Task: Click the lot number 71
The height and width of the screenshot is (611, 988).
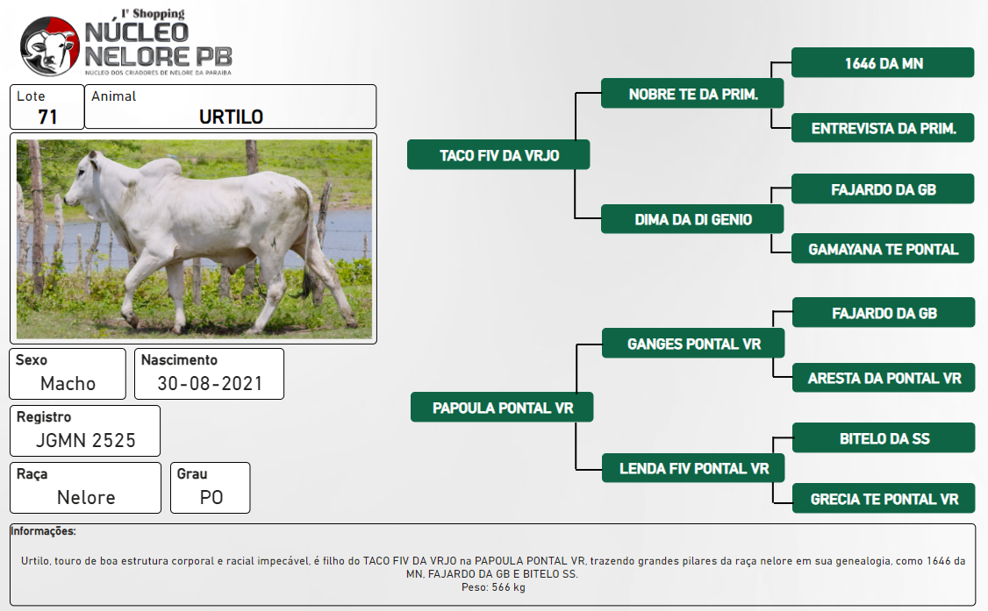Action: [x=48, y=117]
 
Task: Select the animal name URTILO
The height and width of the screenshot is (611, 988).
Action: [x=232, y=117]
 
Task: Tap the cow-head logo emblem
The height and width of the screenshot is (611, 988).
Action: [x=50, y=46]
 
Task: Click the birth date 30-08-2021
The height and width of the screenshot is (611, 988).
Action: [x=210, y=383]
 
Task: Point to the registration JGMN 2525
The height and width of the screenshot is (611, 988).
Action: [x=86, y=440]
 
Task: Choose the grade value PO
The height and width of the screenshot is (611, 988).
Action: [x=211, y=498]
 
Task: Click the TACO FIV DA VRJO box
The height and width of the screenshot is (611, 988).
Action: [x=498, y=155]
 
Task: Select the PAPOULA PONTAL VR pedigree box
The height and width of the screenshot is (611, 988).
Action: [x=502, y=407]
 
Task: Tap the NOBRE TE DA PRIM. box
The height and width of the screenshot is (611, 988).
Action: [x=692, y=93]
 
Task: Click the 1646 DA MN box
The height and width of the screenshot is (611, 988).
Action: [x=883, y=62]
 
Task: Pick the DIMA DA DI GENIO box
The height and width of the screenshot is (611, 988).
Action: [x=692, y=219]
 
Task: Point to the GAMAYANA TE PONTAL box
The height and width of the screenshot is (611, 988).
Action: [x=883, y=249]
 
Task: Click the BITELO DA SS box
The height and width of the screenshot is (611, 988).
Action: [x=884, y=438]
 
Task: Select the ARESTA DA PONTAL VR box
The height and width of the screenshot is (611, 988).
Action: [x=884, y=378]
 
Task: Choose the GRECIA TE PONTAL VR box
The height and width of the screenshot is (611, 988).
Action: [x=884, y=499]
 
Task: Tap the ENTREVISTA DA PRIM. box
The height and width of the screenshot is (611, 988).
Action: [x=883, y=128]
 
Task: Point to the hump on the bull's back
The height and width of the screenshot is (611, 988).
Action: [x=160, y=167]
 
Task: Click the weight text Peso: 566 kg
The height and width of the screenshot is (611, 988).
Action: [x=493, y=587]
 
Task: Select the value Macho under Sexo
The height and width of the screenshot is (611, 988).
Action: [x=68, y=383]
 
